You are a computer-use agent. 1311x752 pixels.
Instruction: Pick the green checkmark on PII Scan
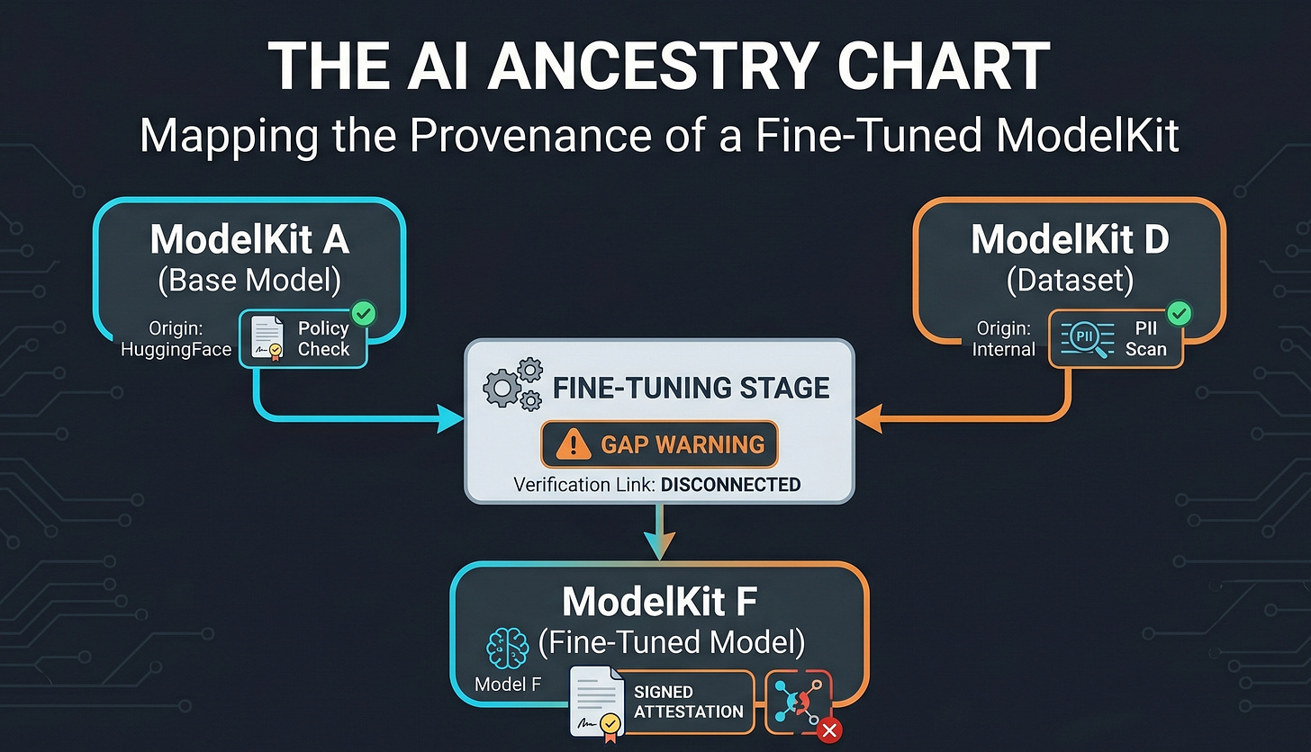1178,314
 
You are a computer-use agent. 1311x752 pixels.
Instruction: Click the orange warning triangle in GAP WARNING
573,443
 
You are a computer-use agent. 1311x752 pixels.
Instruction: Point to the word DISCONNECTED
730,485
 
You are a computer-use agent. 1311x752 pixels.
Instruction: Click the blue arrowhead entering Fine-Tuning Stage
450,418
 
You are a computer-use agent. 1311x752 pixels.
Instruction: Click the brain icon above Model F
506,647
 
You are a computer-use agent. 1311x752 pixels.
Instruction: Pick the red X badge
829,731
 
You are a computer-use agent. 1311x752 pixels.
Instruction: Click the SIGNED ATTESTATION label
689,702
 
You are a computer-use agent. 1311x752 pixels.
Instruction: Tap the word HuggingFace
176,349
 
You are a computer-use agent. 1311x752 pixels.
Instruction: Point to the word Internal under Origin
1004,349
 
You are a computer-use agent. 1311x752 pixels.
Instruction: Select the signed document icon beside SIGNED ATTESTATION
596,703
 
